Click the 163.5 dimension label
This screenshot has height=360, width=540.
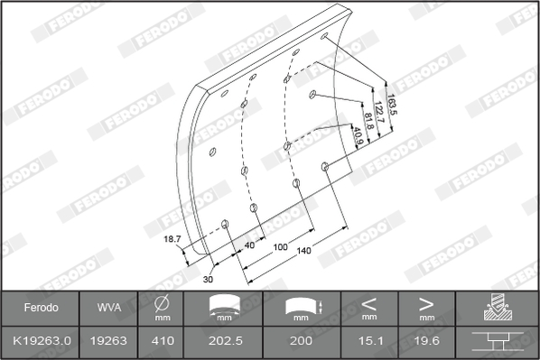[x=392, y=105]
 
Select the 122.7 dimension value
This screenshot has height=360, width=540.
[x=379, y=112]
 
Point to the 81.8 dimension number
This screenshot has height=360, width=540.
[x=368, y=121]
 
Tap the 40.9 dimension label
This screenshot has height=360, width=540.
[x=358, y=136]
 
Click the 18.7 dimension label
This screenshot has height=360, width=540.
[x=172, y=239]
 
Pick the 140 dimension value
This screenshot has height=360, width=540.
[x=303, y=251]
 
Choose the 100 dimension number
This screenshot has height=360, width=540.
[x=280, y=247]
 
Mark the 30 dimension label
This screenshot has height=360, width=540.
[x=208, y=279]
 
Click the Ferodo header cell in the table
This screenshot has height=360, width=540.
[x=41, y=308]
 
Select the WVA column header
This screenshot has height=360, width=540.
[x=109, y=308]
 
